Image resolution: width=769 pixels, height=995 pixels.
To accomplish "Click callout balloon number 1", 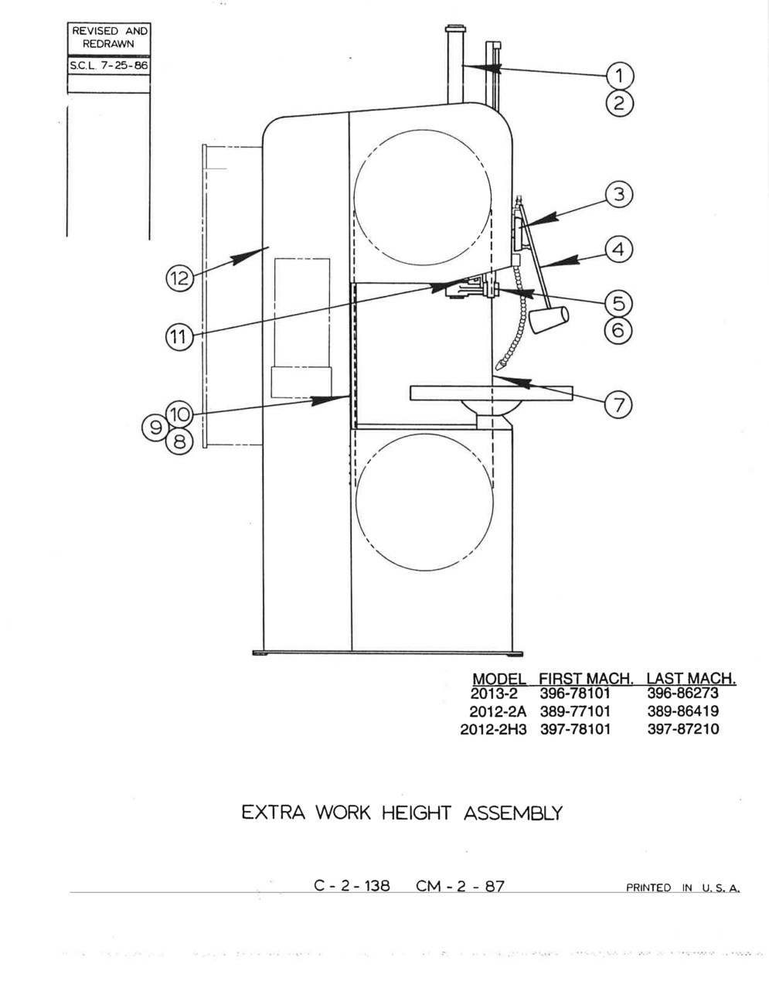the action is click(x=620, y=76).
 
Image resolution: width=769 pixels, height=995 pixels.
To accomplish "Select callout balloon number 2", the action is click(x=620, y=104).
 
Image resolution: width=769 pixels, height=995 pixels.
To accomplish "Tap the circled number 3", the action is click(x=619, y=195).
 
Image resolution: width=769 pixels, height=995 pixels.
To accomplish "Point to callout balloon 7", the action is click(x=618, y=405).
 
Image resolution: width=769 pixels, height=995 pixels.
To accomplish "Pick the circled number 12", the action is click(x=179, y=278).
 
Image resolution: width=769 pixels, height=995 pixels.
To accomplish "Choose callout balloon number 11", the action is click(x=179, y=336).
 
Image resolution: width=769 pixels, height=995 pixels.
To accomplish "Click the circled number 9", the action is click(x=155, y=428).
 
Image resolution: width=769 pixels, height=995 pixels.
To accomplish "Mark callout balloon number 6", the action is click(x=618, y=330).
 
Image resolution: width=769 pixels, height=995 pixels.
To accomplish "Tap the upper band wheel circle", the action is click(x=423, y=130).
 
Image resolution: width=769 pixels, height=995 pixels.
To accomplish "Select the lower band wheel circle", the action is click(x=424, y=434).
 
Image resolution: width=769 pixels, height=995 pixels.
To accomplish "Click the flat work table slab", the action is click(x=491, y=393).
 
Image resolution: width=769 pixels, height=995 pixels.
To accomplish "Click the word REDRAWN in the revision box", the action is click(x=108, y=44).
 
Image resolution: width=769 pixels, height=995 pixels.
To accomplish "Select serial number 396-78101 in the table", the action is click(x=575, y=693).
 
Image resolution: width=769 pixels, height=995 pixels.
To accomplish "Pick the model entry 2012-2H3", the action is click(x=493, y=729).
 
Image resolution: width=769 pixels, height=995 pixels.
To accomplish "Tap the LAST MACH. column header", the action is click(x=691, y=678).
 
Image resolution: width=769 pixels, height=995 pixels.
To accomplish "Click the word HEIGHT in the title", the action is click(x=416, y=813).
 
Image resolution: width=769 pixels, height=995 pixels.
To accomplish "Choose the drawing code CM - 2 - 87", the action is click(x=460, y=886).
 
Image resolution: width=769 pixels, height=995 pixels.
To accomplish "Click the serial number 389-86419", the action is click(x=683, y=711).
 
